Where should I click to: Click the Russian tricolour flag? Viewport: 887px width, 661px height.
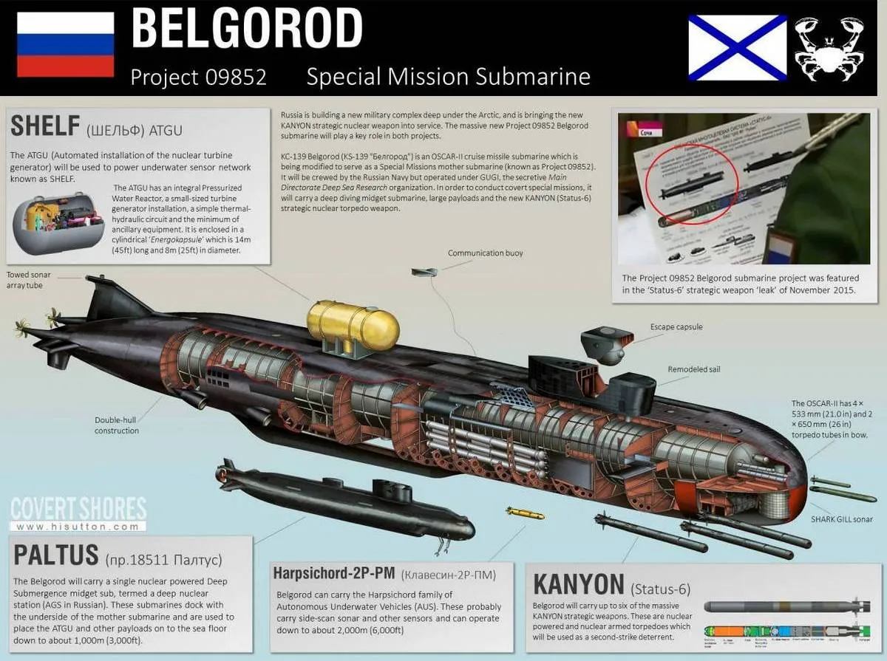65,44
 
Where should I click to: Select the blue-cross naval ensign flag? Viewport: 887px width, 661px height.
738,47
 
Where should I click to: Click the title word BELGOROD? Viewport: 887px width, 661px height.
247,30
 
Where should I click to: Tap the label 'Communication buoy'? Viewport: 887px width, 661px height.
485,253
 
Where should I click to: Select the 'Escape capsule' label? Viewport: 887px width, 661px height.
676,326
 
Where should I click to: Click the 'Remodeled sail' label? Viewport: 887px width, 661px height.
693,369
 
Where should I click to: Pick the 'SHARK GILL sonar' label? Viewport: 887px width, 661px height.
842,519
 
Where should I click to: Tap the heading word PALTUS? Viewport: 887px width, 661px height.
55,554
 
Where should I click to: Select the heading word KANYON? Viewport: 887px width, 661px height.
578,585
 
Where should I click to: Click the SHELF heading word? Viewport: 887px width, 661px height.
44,126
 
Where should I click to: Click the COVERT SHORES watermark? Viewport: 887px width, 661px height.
78,510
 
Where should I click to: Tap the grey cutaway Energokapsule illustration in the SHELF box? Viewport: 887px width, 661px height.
59,222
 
